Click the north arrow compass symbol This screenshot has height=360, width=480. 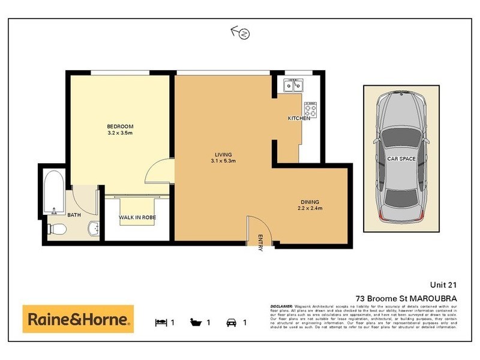(240, 33)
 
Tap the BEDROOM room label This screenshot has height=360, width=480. (120, 126)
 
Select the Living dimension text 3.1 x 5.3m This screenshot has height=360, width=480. (222, 161)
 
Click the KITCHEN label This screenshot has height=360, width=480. (299, 119)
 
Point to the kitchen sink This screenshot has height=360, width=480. (293, 85)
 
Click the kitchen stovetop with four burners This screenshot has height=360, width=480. (310, 109)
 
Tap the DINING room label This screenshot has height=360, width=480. (310, 202)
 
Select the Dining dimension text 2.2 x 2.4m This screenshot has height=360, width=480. (310, 208)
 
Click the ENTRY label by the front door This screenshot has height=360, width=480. (260, 242)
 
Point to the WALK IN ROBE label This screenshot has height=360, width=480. (138, 218)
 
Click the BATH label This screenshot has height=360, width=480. (74, 215)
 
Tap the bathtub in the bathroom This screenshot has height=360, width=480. (55, 193)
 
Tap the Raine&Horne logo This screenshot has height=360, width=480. (78, 319)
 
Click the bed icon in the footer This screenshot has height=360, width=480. (161, 323)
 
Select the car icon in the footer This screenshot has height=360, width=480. (232, 323)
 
